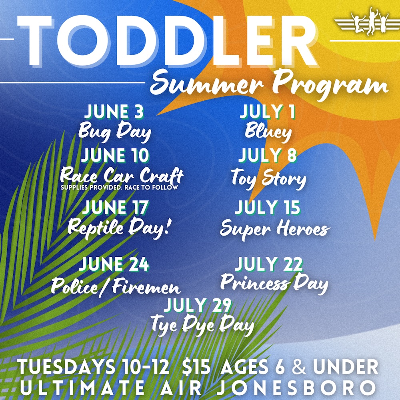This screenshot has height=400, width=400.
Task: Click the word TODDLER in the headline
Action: coord(167,40)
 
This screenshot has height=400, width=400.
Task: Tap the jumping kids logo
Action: coord(367,22)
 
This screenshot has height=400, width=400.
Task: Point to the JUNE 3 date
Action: coord(114,112)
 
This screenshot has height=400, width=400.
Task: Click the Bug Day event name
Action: coord(115,132)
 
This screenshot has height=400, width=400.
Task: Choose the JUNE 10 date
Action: coord(115,155)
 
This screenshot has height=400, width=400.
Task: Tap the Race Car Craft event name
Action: coord(122,176)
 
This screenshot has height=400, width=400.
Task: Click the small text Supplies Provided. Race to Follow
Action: coord(119,188)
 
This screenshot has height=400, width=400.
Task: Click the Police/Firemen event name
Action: coord(116,287)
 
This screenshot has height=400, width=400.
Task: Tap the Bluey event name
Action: coord(268,131)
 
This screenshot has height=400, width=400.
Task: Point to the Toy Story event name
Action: coord(268,178)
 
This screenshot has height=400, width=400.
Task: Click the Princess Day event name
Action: coord(274,284)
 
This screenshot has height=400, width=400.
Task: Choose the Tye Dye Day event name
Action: coord(202,325)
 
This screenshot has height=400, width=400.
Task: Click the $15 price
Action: coord(196,367)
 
